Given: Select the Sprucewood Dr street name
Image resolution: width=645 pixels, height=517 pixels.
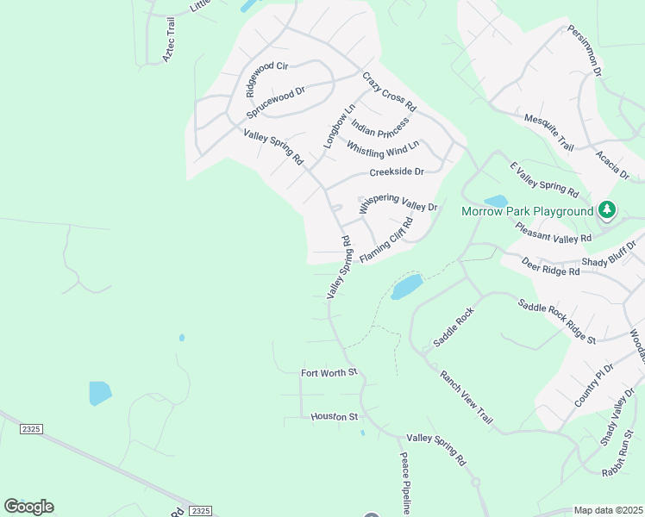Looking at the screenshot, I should point(276,103).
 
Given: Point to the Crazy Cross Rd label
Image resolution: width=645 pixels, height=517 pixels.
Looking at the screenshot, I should point(389,92).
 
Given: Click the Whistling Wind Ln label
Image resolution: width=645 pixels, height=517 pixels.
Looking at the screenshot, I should point(383,147).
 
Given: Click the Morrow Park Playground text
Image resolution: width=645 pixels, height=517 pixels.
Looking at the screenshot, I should point(527,211).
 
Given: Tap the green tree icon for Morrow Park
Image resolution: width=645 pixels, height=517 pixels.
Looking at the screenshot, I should point(607,209).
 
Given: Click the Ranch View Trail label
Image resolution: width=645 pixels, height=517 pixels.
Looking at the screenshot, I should point(466,397).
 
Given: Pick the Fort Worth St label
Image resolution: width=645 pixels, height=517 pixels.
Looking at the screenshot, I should point(329,373).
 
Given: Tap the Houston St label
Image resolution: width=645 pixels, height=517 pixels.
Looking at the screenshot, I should point(335,417).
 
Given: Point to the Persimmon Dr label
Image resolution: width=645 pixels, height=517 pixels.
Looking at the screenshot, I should point(584,52).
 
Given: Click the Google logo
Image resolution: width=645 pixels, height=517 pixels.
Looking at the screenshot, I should point(28,507).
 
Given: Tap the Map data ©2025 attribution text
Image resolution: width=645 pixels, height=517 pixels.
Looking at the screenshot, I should point(608,510).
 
